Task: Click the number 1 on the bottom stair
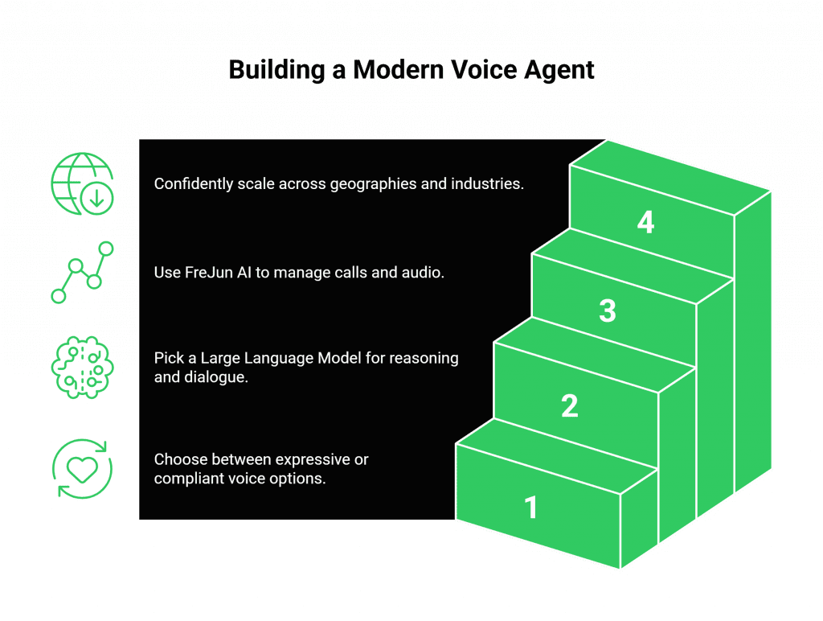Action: pyautogui.click(x=530, y=508)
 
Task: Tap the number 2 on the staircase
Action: pyautogui.click(x=569, y=406)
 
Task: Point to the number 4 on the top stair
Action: pyautogui.click(x=645, y=222)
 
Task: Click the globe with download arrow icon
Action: pyautogui.click(x=82, y=184)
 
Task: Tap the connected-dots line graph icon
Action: pyautogui.click(x=82, y=272)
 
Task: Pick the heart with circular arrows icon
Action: pyautogui.click(x=82, y=469)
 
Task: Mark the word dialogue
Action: pyautogui.click(x=215, y=376)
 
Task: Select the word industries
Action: pyautogui.click(x=488, y=184)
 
